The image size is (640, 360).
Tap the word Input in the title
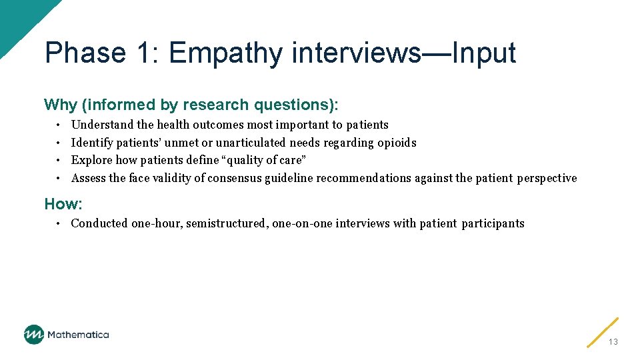(483, 53)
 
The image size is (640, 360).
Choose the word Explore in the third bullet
(91, 160)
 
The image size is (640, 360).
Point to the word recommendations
(364, 178)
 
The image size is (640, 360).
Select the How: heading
(63, 203)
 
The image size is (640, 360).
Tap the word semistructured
(227, 223)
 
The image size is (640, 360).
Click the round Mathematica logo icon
(34, 335)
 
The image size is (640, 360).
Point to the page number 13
(613, 342)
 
